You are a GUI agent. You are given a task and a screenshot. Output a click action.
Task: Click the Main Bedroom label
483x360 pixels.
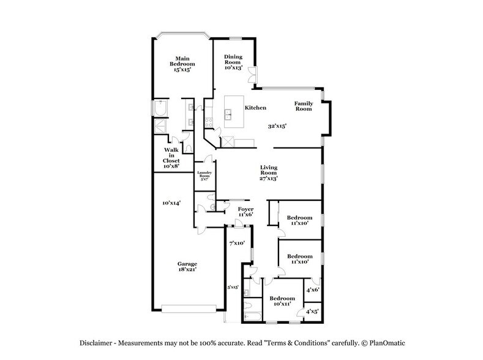pos(183,63)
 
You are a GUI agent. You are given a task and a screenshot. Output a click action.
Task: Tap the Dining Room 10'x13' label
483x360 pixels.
pos(233,62)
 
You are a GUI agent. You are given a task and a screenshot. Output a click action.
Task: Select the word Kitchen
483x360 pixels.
pos(255,108)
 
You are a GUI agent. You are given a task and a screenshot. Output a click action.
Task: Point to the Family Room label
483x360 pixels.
pos(303,106)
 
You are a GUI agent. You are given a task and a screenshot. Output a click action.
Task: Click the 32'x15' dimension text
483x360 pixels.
pos(277,126)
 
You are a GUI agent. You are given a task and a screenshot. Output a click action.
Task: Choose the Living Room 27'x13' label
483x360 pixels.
pos(269,173)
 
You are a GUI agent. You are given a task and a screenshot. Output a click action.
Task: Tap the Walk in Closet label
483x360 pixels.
pos(171,157)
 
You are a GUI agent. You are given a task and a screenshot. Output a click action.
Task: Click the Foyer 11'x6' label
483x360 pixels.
pos(245,212)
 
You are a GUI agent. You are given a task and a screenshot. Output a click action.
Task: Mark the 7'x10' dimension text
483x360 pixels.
pos(236,243)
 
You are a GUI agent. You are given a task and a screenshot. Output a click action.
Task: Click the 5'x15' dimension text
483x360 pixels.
pos(233,287)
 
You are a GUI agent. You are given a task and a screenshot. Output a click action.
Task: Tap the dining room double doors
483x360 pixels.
pos(257,75)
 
